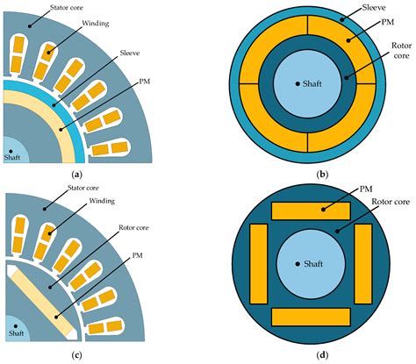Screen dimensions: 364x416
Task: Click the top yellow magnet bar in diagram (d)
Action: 312,211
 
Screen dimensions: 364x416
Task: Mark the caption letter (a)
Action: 75,175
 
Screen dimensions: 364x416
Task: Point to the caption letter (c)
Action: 75,354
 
